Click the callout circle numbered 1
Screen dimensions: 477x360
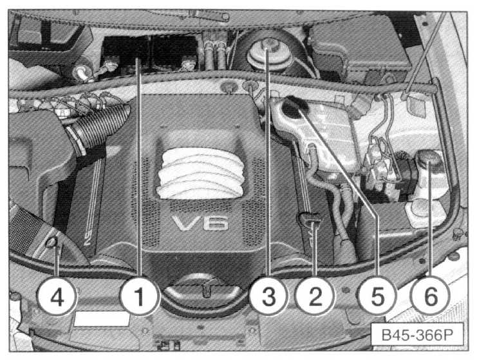click(139, 296)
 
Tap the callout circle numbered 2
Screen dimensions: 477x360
click(315, 296)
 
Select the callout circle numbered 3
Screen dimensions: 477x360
click(268, 296)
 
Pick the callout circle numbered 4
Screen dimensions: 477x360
click(57, 296)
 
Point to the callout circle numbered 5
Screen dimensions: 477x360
click(377, 296)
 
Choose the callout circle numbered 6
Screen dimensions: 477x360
click(430, 296)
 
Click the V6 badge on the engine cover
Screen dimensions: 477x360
click(200, 223)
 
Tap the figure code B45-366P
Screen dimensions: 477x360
click(417, 335)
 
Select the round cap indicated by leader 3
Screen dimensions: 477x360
click(267, 55)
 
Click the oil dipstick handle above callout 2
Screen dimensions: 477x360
click(310, 220)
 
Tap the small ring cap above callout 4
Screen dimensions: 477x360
click(52, 242)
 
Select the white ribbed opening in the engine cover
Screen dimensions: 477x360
click(201, 173)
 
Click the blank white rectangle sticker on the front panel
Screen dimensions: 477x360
click(102, 319)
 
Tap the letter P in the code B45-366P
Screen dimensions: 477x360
click(448, 335)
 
